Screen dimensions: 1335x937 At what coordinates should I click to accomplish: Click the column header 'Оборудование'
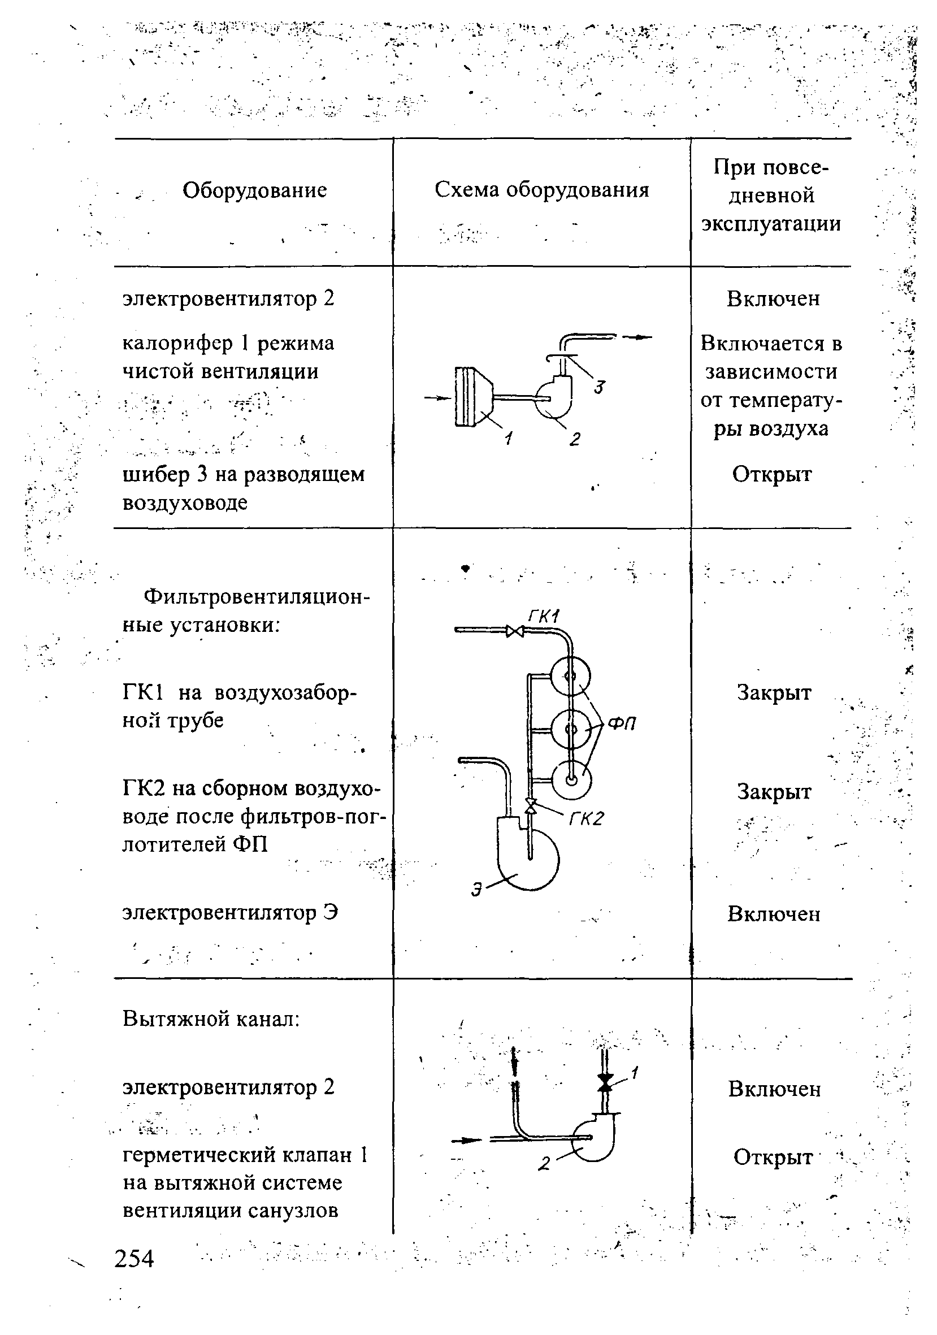tap(254, 190)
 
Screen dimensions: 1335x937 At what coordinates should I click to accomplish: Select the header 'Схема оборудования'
tap(542, 190)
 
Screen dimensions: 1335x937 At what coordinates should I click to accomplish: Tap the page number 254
tap(135, 1258)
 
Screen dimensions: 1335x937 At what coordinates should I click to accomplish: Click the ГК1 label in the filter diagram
tap(543, 616)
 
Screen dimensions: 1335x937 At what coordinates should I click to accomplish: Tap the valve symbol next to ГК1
tap(514, 630)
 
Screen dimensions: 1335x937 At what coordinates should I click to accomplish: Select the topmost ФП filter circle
tap(570, 676)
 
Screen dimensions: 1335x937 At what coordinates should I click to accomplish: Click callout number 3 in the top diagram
tap(599, 387)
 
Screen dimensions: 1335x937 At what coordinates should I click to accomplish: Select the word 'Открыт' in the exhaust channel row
tap(773, 1156)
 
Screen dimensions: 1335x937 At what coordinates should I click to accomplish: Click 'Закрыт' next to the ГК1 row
tap(774, 692)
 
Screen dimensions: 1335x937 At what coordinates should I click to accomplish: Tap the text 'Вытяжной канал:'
tap(211, 1018)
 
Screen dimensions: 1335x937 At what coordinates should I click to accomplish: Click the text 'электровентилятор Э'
tap(230, 912)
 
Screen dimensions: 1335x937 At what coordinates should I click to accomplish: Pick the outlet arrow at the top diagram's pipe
tap(637, 337)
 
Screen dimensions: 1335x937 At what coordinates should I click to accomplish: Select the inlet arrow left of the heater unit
tap(437, 398)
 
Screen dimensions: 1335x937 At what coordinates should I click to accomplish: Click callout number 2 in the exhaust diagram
tap(544, 1163)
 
